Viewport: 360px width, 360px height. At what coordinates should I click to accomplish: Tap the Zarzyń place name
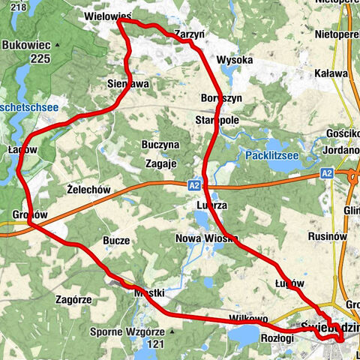pyautogui.click(x=188, y=34)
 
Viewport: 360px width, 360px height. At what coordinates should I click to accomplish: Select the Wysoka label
pyautogui.click(x=234, y=59)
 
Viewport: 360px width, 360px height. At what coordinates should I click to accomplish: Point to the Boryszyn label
pyautogui.click(x=220, y=99)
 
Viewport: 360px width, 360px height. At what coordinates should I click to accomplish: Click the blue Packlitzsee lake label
pyautogui.click(x=274, y=156)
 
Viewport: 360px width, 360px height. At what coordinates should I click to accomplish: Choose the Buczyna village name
pyautogui.click(x=160, y=144)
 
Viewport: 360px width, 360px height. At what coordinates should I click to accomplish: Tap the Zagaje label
pyautogui.click(x=160, y=163)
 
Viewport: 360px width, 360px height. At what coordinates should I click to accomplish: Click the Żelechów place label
pyautogui.click(x=88, y=190)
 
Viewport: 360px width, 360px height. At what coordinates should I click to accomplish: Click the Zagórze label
pyautogui.click(x=73, y=298)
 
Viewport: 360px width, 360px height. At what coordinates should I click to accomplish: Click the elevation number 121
pyautogui.click(x=155, y=343)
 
